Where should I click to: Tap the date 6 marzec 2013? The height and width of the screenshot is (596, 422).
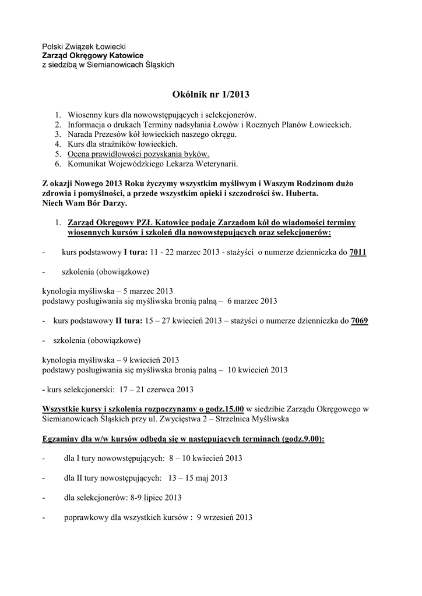pos(252,301)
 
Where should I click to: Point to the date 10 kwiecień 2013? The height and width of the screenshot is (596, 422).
pos(258,370)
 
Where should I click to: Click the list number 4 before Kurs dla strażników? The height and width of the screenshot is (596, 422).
pos(58,144)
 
